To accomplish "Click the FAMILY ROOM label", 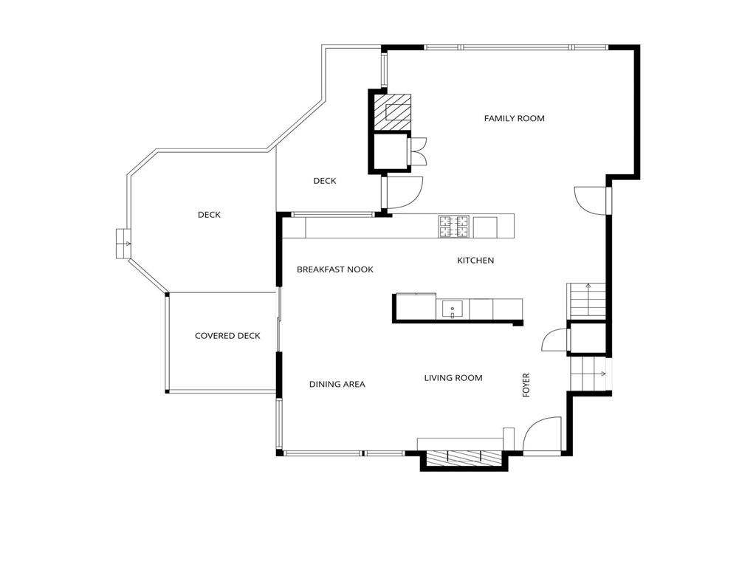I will [x=514, y=118].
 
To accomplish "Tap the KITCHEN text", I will [x=475, y=261].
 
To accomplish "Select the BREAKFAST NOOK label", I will [x=334, y=269].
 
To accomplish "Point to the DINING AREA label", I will [x=337, y=384].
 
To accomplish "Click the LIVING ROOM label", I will [x=453, y=378].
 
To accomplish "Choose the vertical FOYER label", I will [x=526, y=385].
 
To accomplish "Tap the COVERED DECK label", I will [x=227, y=336].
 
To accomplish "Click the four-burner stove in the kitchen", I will [x=454, y=226].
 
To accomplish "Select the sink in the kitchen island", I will [x=452, y=308].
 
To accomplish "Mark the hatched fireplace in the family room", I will [x=391, y=111].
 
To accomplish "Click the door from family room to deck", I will [x=405, y=192].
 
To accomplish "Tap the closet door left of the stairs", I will [x=555, y=340].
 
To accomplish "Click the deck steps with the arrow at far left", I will [x=123, y=244].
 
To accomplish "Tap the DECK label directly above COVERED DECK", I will [x=209, y=215].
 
